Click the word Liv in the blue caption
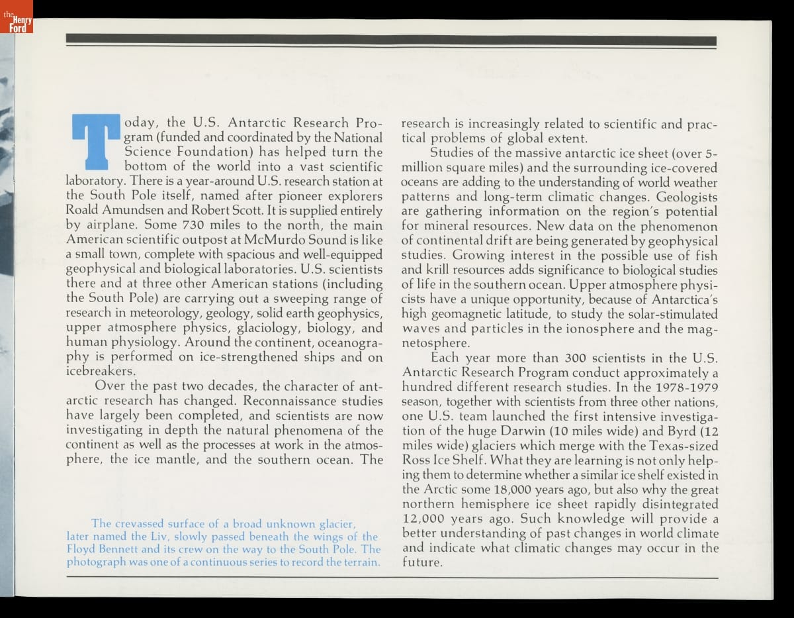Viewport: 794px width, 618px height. click(x=148, y=537)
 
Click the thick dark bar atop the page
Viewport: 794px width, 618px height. click(x=390, y=39)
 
